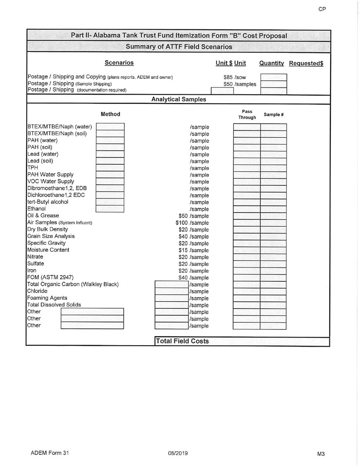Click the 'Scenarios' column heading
click(119, 63)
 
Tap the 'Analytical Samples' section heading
click(179, 99)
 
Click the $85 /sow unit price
click(235, 77)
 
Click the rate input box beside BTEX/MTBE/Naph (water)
click(110, 127)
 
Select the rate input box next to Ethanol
click(110, 209)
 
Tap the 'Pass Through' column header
click(247, 114)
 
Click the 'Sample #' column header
click(274, 115)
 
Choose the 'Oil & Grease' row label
click(43, 216)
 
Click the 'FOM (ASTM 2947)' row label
click(50, 277)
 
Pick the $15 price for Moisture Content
click(184, 250)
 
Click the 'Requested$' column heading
click(306, 63)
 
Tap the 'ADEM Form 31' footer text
click(50, 453)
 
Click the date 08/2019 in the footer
click(178, 453)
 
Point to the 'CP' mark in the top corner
click(322, 9)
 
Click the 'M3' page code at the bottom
click(321, 453)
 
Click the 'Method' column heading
click(110, 114)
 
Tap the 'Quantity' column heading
click(271, 63)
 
